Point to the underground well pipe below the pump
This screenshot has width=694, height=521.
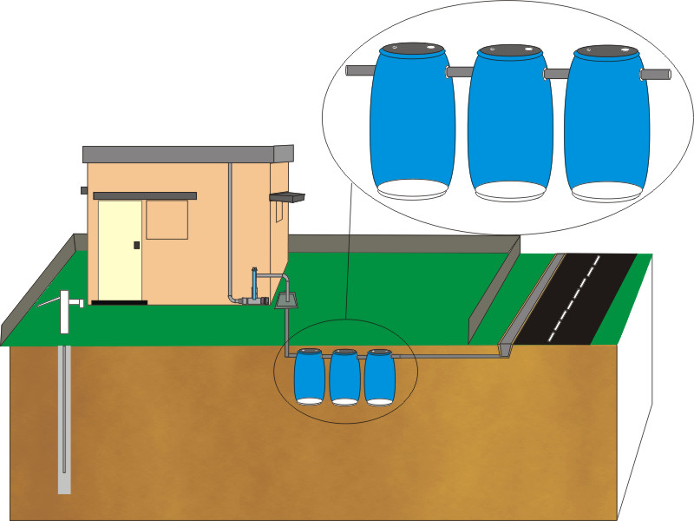(64, 417)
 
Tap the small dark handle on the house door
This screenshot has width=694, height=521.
(135, 246)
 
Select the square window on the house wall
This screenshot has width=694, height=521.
(167, 219)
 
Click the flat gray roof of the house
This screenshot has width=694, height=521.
(187, 155)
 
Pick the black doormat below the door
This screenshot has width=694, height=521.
(119, 302)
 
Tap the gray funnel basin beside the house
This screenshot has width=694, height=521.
(286, 300)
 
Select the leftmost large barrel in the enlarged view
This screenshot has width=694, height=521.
(412, 122)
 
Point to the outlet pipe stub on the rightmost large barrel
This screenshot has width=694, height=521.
(657, 76)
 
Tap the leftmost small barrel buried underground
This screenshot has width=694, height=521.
(309, 377)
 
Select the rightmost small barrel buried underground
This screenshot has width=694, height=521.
(379, 378)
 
